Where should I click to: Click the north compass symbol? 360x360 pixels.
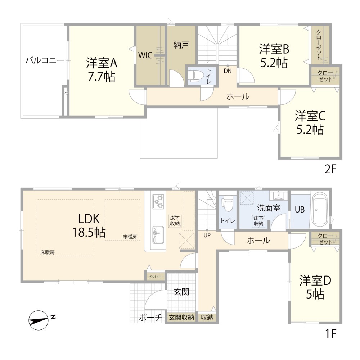(39, 320)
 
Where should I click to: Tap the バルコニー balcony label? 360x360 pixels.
(45, 61)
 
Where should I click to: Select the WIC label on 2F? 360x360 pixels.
(145, 55)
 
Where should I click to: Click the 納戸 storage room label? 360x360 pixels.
(181, 45)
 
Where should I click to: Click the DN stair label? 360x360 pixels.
(228, 71)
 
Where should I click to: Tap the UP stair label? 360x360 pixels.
(207, 235)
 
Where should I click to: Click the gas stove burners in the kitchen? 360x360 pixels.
(158, 201)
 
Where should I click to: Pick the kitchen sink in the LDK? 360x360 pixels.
(158, 234)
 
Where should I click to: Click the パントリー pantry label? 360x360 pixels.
(156, 277)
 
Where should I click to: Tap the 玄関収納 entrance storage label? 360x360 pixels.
(181, 318)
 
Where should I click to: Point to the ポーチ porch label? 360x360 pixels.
(150, 318)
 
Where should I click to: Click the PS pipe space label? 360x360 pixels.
(66, 93)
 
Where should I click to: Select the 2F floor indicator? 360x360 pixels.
(330, 170)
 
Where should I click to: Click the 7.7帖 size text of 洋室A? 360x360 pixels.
(102, 77)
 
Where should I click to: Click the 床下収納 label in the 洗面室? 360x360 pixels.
(258, 220)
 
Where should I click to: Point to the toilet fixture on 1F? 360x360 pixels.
(228, 204)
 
